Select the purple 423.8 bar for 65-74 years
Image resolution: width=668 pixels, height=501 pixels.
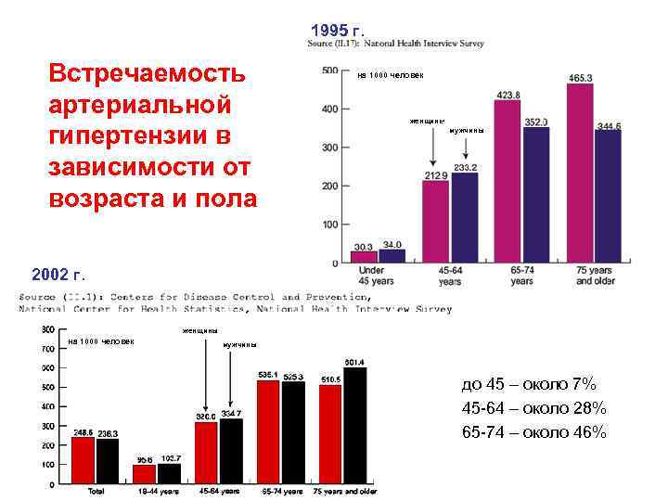(x=507, y=181)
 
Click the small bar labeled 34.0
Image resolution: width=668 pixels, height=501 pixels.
(x=392, y=256)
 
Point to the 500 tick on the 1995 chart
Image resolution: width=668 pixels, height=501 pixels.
(x=328, y=71)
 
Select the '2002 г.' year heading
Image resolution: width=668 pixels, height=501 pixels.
(x=58, y=276)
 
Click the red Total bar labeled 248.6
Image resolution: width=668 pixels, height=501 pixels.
(x=83, y=460)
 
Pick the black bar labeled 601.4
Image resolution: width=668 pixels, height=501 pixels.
(x=354, y=426)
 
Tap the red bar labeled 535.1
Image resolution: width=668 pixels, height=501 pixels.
(x=269, y=432)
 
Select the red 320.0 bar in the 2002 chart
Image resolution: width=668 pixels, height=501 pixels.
(x=206, y=453)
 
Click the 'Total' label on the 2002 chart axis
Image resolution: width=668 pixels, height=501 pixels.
(x=95, y=491)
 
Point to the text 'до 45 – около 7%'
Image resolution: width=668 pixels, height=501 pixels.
(x=528, y=384)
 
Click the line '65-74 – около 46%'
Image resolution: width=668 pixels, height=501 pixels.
(x=533, y=432)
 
